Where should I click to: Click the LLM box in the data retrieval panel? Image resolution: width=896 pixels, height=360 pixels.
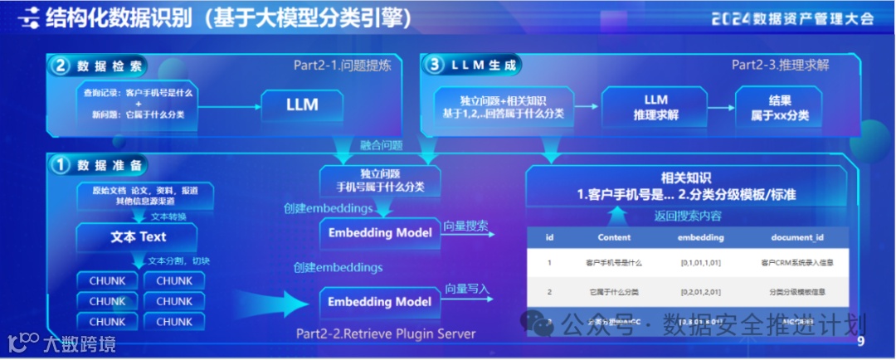click(302, 105)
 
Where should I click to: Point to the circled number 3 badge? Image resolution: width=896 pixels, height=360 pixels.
click(434, 64)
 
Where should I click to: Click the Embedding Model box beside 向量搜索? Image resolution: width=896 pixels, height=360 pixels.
click(380, 233)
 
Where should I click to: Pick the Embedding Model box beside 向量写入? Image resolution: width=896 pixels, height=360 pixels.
click(380, 301)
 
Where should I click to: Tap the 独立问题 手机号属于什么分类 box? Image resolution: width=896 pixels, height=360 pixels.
click(380, 180)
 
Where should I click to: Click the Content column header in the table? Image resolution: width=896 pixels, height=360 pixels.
click(614, 237)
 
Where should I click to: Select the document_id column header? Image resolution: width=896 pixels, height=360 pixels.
click(796, 237)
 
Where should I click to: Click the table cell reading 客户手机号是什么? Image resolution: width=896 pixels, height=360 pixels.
click(613, 263)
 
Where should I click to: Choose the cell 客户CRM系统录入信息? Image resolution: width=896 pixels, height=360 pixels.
click(796, 263)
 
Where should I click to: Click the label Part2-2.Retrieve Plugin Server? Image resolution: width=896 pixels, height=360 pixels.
click(386, 334)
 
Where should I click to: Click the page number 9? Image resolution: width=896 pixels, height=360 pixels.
click(860, 341)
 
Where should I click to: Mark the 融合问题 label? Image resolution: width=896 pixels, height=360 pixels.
click(382, 145)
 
